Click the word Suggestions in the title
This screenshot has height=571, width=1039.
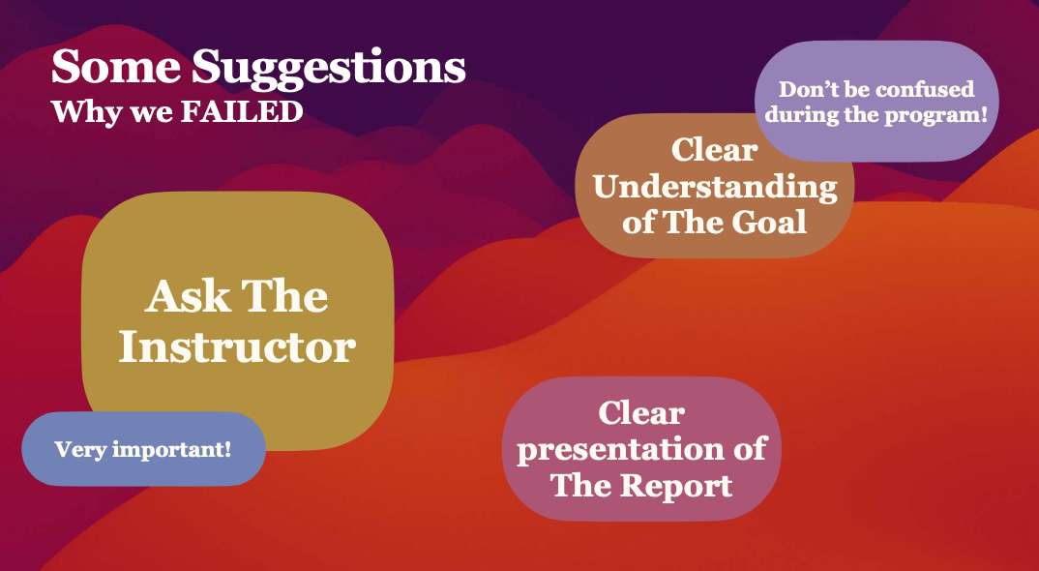[x=329, y=70]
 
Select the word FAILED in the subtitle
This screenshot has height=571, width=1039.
[x=242, y=112]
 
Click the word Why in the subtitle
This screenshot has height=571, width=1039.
[x=82, y=112]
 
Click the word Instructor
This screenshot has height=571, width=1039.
[x=237, y=346]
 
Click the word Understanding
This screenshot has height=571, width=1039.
[x=715, y=188]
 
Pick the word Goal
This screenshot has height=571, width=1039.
[x=769, y=221]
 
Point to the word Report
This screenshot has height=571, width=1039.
[x=676, y=485]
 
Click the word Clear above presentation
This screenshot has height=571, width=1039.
[x=641, y=413]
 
